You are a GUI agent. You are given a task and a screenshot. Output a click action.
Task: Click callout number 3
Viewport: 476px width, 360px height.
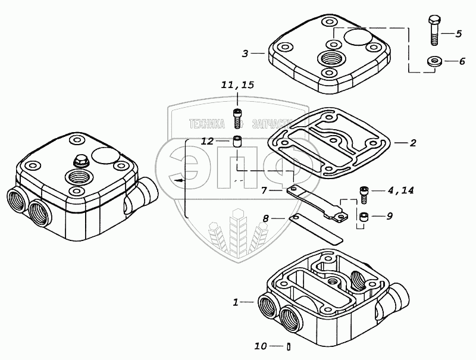pyautogui.click(x=245, y=54)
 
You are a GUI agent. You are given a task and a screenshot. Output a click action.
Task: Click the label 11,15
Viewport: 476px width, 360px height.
pyautogui.click(x=237, y=85)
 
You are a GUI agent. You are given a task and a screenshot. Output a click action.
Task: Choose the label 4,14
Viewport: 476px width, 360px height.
pyautogui.click(x=400, y=190)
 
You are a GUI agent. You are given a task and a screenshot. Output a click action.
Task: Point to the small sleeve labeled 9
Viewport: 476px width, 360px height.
pyautogui.click(x=363, y=217)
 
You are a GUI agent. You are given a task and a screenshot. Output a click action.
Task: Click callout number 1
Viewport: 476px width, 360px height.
pyautogui.click(x=236, y=302)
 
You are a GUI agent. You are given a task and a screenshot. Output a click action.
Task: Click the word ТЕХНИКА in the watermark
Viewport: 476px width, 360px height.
pyautogui.click(x=206, y=124)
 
